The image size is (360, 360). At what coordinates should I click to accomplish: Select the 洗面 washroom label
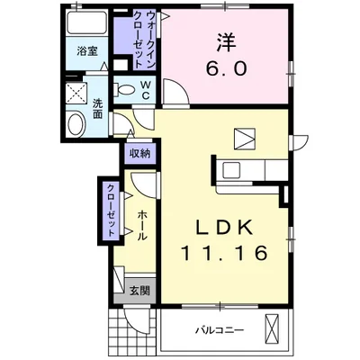tap(97, 108)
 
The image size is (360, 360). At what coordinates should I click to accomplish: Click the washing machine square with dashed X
tap(76, 92)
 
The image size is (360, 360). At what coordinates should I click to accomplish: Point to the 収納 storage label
tap(139, 154)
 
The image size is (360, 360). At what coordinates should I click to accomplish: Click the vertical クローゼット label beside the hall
tap(110, 209)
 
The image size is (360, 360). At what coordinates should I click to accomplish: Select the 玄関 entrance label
tap(139, 291)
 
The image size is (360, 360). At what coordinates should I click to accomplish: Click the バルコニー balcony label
tap(220, 331)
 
